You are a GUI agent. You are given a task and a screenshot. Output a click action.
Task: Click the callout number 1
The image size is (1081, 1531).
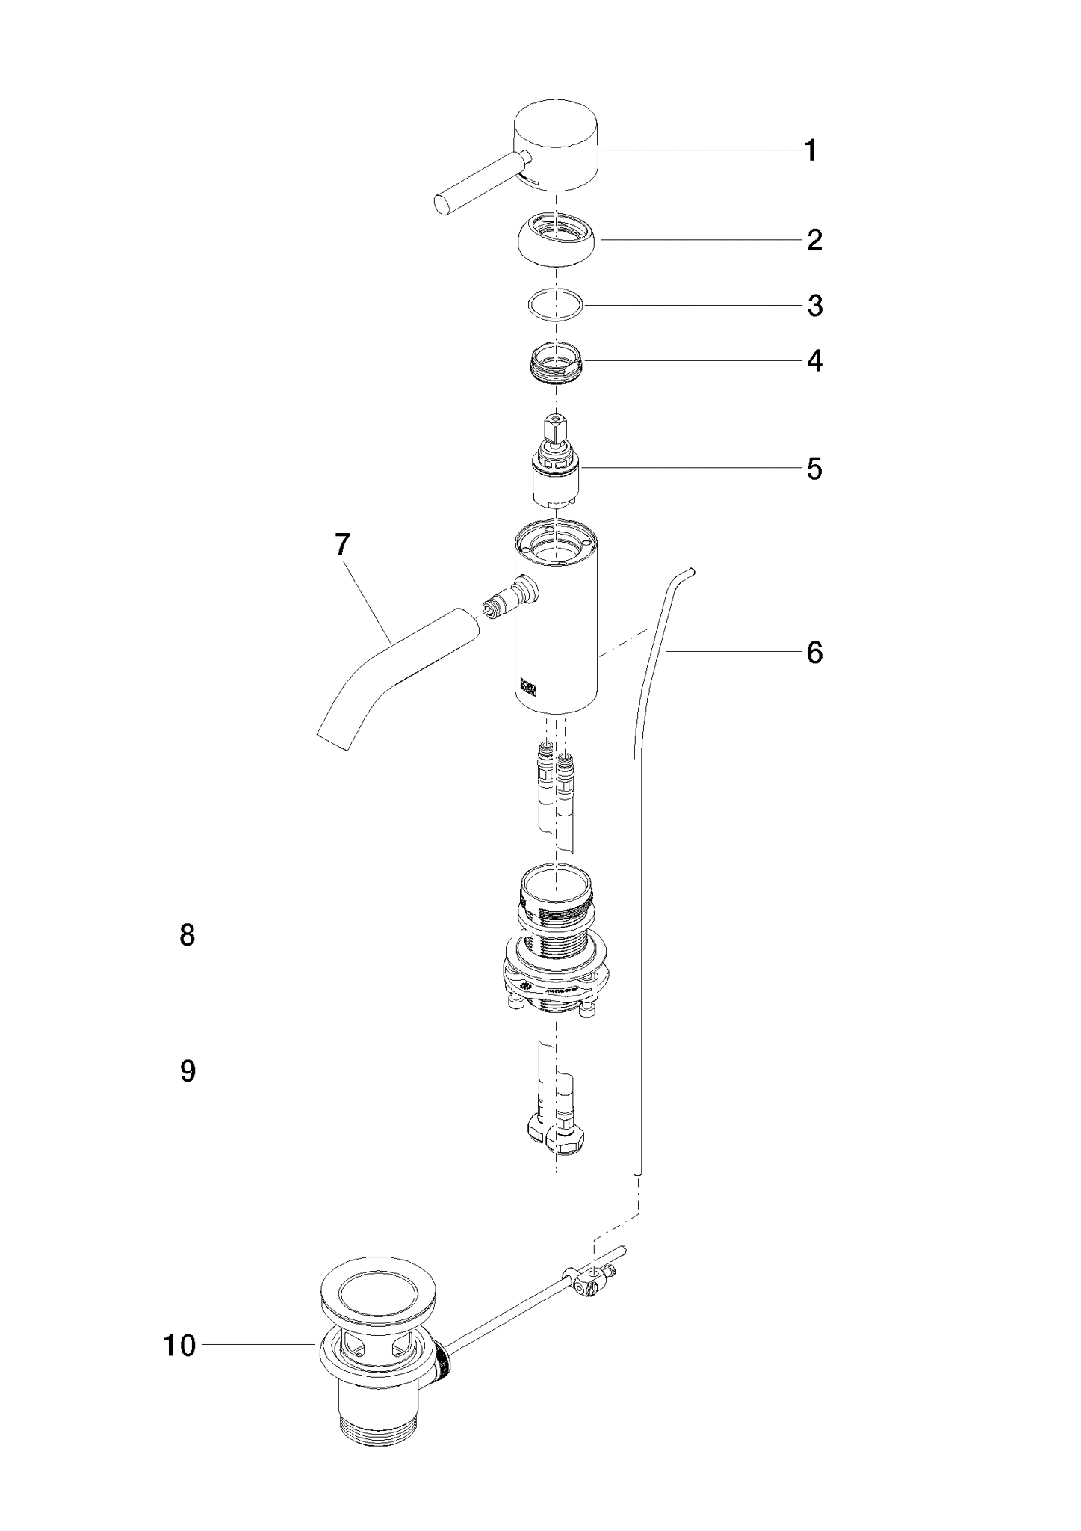coord(811,151)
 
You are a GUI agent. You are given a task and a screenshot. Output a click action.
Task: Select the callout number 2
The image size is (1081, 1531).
coord(814,240)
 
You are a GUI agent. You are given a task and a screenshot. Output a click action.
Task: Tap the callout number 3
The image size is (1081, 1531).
coord(814,306)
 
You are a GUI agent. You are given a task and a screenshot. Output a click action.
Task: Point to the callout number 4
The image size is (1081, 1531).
coord(814,361)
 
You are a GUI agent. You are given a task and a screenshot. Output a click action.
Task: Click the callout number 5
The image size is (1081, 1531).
coord(814,469)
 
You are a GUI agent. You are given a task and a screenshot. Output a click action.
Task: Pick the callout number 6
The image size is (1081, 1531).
coord(814,653)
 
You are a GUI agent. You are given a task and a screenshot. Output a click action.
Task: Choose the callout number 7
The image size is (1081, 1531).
coord(341,545)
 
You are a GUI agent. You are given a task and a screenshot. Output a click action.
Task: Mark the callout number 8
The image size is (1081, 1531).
coord(188,934)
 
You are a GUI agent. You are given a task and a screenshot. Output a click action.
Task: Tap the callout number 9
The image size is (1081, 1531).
coord(188,1071)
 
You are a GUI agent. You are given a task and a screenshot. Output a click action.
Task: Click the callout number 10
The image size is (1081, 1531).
coord(179,1346)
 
